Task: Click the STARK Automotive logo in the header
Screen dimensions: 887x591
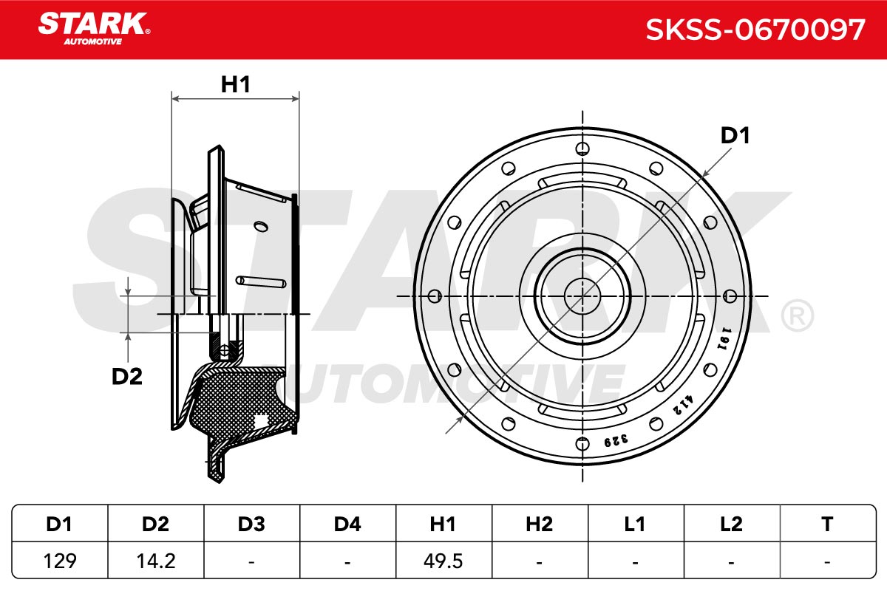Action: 95,29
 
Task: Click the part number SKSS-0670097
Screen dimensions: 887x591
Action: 755,30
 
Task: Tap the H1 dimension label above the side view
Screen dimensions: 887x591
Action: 236,84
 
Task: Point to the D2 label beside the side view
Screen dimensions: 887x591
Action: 126,376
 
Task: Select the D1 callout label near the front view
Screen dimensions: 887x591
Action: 735,135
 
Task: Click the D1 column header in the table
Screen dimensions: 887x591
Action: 59,524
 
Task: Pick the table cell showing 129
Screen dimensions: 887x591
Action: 59,561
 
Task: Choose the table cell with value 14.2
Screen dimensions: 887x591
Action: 156,561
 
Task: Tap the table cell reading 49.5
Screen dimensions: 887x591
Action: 443,561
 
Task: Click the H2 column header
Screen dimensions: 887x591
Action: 539,524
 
